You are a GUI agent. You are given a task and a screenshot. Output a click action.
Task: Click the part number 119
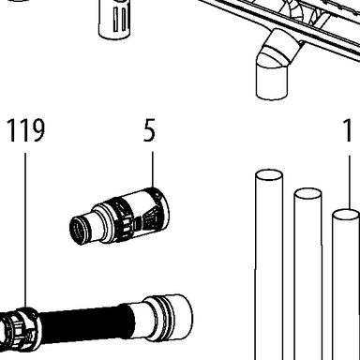point(26,130)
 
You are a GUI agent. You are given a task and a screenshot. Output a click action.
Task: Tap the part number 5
point(149,130)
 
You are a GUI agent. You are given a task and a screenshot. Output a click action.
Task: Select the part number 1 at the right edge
point(348,130)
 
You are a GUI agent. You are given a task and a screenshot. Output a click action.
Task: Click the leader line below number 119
point(25,230)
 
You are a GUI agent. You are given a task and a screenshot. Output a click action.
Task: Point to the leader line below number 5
point(153,170)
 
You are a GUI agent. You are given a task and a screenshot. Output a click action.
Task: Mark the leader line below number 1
point(349,182)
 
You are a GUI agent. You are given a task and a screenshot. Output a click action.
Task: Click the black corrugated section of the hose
point(84,323)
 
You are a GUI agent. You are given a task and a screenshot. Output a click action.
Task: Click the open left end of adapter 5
point(78,231)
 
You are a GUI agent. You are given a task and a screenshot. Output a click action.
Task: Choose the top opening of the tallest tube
point(269,175)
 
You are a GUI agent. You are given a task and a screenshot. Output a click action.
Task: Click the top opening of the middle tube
point(307,194)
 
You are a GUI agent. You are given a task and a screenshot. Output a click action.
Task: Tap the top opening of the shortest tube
point(346,215)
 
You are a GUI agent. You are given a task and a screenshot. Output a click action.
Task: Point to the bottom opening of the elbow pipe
point(271,95)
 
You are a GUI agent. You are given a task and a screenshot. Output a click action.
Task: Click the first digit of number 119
point(12,130)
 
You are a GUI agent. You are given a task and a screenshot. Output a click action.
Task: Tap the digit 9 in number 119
point(37,130)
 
